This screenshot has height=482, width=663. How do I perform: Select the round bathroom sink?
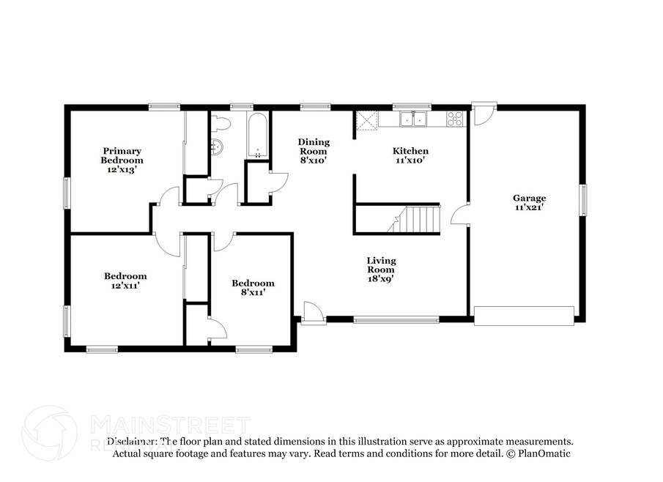point(216,147)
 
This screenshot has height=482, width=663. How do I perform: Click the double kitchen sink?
point(413,119)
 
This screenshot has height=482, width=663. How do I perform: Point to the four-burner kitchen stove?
point(455,119)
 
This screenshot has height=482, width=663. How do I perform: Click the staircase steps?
point(415,220)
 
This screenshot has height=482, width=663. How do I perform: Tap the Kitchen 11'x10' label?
point(410,155)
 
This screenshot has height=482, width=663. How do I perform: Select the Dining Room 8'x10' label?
point(314,151)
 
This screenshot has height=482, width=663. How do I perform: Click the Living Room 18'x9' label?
point(381,270)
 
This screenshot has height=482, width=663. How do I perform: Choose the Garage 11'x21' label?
point(529,202)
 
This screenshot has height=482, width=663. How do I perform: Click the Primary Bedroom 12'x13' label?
point(122,160)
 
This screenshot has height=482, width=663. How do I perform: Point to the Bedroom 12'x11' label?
point(125,281)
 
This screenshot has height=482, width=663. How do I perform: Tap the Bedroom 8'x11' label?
point(253,287)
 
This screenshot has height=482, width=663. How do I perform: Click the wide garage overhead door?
point(524,316)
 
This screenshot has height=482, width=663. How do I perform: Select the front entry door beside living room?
point(314,314)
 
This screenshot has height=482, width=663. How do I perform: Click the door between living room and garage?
point(460,213)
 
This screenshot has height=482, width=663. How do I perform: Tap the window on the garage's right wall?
point(583,200)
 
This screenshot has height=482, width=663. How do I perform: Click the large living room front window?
point(396,320)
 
